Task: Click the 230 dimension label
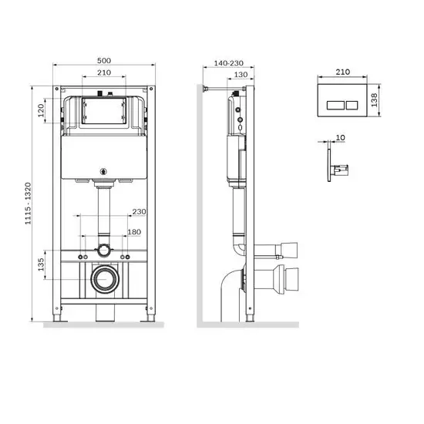point(140,212)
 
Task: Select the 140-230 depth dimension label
point(227,62)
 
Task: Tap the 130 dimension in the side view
point(241,75)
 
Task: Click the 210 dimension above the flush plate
point(343,71)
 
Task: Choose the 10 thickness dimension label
point(341,140)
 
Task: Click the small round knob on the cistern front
point(103,171)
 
